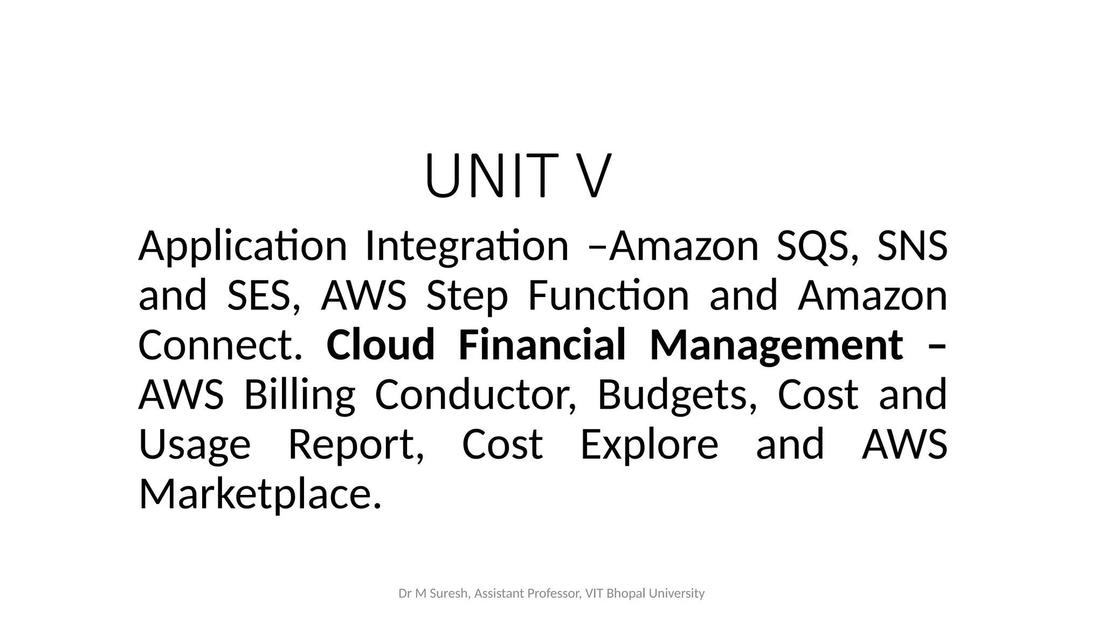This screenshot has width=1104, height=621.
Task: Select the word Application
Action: pos(242,246)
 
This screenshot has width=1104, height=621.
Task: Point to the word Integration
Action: pos(467,246)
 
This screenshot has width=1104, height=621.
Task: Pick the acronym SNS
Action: pos(912,246)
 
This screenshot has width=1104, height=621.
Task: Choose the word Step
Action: pos(467,296)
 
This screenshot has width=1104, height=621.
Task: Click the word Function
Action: pos(608,296)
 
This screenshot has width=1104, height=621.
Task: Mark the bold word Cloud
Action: pos(380,346)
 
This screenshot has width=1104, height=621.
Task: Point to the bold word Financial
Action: pos(542,346)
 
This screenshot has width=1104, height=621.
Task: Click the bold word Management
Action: pos(776,346)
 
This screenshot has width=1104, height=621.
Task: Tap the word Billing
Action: pos(300,395)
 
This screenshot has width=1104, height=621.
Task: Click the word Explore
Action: pos(649,445)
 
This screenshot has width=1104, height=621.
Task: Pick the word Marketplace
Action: pos(260,494)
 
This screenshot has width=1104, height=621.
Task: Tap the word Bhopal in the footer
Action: pos(626,594)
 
